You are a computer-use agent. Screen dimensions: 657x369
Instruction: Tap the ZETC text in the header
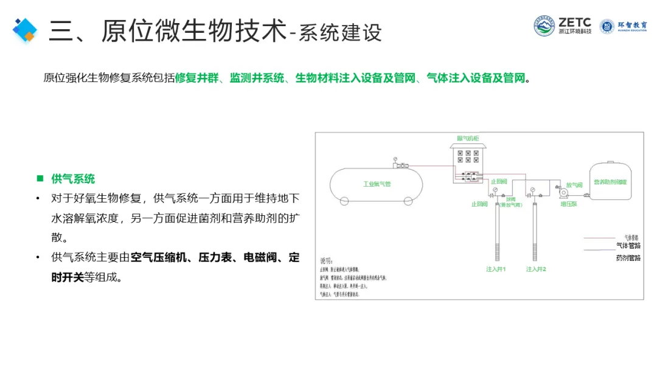[575, 21]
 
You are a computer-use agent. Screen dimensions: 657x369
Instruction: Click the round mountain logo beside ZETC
[544, 26]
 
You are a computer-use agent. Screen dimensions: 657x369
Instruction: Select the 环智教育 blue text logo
[633, 26]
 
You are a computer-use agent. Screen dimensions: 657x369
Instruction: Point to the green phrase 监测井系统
[257, 78]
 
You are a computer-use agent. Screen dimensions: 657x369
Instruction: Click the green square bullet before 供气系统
[40, 179]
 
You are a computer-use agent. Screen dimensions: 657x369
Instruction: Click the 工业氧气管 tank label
[377, 184]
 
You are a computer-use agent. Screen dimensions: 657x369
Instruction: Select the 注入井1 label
[496, 269]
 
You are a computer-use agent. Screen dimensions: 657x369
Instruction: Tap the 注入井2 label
[537, 269]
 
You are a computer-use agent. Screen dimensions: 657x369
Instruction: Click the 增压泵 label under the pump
[569, 204]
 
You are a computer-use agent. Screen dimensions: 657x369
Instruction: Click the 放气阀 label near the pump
[574, 184]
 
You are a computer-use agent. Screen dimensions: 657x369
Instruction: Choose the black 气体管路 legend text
[628, 246]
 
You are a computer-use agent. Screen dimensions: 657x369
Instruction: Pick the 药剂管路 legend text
[628, 258]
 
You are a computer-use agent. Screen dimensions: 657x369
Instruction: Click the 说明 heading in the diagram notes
[327, 260]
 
